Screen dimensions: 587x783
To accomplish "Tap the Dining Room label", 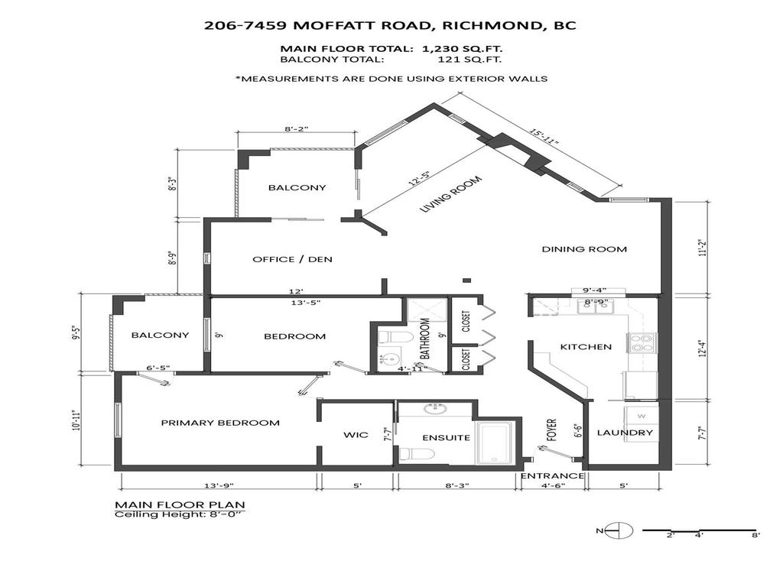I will (584, 249).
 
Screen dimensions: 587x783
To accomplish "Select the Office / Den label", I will (292, 260).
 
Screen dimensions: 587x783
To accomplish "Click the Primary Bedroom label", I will (219, 423).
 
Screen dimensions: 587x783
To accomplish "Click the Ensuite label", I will (446, 438).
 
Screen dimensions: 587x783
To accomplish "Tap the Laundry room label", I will (625, 433).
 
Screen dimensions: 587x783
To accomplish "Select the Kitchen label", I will (586, 347).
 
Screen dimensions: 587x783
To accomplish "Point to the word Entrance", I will (552, 475).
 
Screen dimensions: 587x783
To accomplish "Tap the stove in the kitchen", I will (638, 343).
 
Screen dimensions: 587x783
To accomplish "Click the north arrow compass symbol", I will (622, 530).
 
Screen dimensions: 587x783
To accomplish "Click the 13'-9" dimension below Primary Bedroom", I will (219, 485).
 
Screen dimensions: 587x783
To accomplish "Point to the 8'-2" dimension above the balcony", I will (297, 130).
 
